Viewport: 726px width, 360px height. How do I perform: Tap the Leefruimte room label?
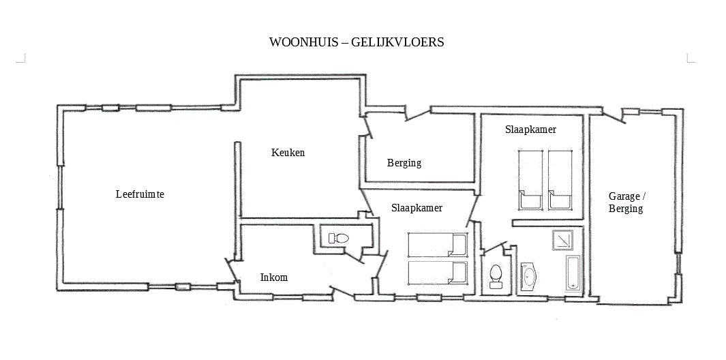140,194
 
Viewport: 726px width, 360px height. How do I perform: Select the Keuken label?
288,153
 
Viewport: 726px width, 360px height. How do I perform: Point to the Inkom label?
273,277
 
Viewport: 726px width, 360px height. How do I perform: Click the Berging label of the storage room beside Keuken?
404,163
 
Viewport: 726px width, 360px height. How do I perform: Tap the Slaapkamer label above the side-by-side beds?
530,130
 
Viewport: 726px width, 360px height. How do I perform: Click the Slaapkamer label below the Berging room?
417,208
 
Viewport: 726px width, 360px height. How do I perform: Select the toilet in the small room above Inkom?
338,239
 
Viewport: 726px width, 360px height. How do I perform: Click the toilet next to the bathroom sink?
496,274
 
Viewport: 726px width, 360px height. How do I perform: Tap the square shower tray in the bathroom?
562,240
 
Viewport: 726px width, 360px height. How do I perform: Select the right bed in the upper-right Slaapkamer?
560,180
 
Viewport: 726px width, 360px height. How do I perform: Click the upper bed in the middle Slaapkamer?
437,244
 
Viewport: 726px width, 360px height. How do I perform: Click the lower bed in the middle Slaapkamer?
437,273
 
